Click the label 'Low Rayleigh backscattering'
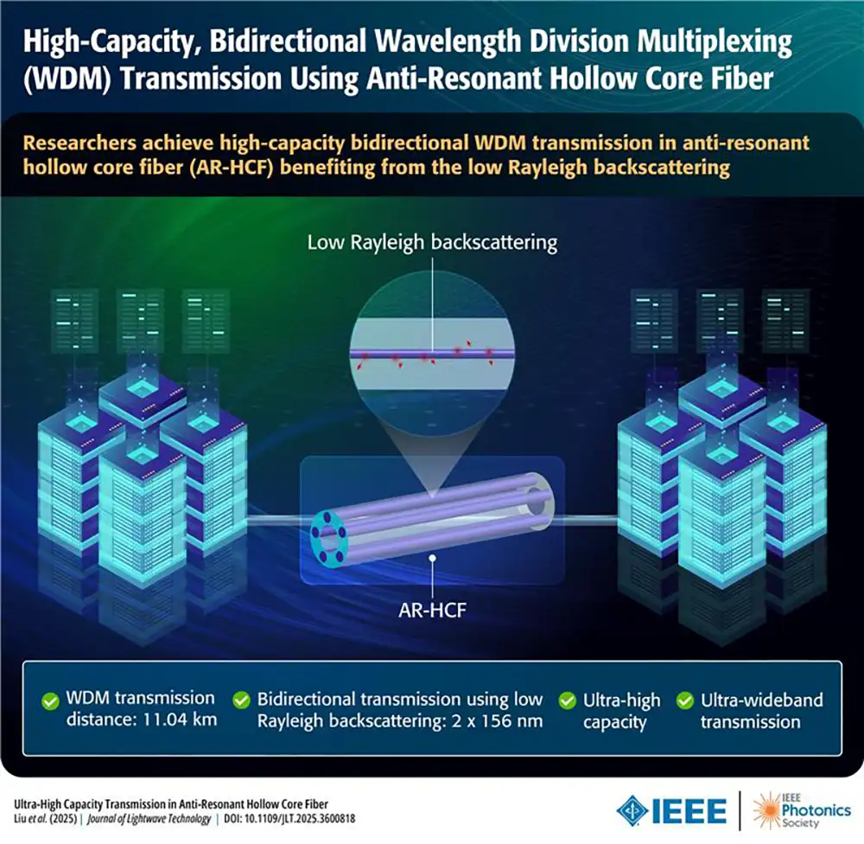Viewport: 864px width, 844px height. (x=432, y=243)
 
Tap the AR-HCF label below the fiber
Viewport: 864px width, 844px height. (x=433, y=611)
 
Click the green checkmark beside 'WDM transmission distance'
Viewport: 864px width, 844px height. (x=50, y=701)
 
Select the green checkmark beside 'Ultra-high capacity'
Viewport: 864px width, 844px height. (x=567, y=700)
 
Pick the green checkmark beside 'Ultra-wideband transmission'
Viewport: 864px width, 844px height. (x=685, y=700)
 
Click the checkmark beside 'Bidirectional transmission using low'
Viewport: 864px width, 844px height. (x=241, y=700)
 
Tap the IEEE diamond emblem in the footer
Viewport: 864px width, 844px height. (x=632, y=810)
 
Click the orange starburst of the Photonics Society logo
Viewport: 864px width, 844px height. (x=766, y=809)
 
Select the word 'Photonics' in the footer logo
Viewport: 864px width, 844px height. (x=816, y=810)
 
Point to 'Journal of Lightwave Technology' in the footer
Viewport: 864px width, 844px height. (x=149, y=819)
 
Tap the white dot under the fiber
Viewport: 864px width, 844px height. (x=433, y=559)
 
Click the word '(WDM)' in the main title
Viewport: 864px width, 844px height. (x=67, y=79)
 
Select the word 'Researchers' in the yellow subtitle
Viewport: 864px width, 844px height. (x=79, y=143)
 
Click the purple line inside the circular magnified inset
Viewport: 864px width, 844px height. (x=433, y=355)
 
